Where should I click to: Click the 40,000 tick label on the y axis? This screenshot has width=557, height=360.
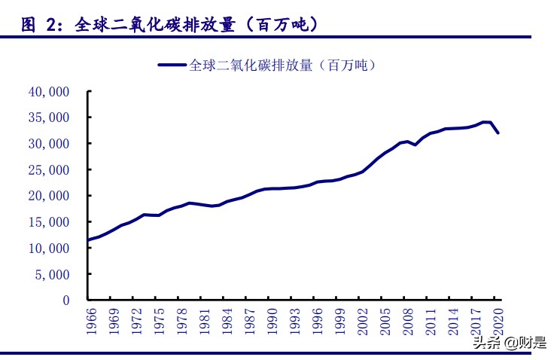[48, 92]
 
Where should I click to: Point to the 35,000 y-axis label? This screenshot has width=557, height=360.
[48, 118]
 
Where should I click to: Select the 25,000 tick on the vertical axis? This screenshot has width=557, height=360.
[48, 170]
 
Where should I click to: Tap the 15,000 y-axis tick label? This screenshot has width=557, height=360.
[48, 222]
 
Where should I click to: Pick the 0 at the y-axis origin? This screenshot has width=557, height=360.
[66, 301]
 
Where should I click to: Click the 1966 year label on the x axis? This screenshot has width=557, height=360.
[90, 319]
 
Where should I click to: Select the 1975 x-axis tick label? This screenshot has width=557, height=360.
[159, 319]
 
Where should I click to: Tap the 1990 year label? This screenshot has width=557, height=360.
[272, 319]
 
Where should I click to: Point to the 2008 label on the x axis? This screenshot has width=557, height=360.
[408, 319]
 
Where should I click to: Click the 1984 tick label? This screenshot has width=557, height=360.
[227, 319]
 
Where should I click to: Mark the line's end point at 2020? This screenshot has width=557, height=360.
[498, 133]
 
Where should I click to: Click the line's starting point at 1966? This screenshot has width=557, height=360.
[90, 240]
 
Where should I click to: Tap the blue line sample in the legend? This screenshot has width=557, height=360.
[172, 66]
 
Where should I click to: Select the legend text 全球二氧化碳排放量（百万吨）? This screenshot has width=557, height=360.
[282, 66]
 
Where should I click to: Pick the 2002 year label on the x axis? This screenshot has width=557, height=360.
[363, 319]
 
